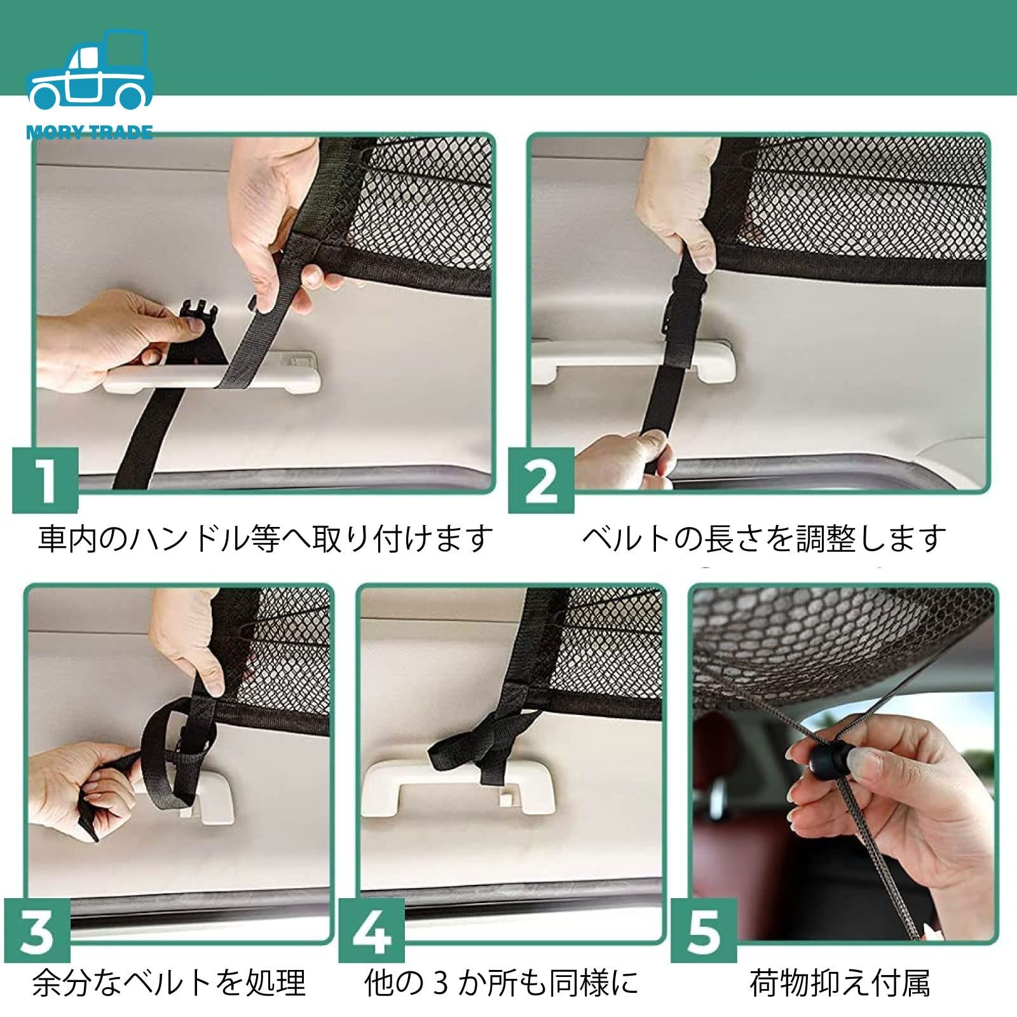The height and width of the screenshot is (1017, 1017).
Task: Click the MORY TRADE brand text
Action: [x=90, y=133]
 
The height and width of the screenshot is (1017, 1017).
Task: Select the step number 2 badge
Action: [x=541, y=481]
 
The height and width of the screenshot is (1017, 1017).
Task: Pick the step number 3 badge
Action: [x=38, y=931]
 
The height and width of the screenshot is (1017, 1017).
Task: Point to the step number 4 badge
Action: [x=371, y=931]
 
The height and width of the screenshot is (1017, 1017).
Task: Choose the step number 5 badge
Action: [x=704, y=931]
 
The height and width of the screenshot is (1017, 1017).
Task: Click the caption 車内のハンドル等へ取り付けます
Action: [x=265, y=538]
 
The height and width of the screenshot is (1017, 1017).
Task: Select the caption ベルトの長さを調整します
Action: [x=765, y=538]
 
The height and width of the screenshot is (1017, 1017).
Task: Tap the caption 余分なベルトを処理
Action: [x=169, y=983]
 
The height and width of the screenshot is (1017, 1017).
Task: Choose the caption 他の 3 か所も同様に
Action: [x=502, y=983]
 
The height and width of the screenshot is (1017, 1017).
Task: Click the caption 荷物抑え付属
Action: [x=839, y=983]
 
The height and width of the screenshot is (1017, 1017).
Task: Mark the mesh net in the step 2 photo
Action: [x=852, y=203]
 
